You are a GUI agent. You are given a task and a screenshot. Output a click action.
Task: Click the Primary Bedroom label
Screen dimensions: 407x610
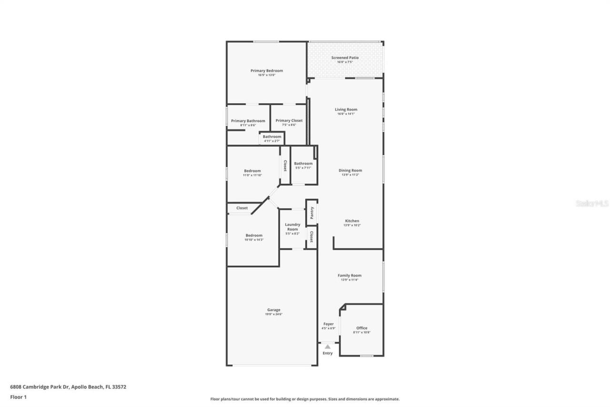click(266, 71)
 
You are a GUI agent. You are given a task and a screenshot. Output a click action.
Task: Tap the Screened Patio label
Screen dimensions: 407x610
click(345, 58)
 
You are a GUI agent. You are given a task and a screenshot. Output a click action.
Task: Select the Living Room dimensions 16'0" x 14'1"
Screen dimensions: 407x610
click(346, 114)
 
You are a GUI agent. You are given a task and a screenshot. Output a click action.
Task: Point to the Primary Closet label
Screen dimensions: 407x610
click(289, 121)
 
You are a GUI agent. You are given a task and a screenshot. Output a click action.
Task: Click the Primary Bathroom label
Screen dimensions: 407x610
click(248, 121)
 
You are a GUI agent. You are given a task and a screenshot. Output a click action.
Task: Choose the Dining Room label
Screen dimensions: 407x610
click(350, 170)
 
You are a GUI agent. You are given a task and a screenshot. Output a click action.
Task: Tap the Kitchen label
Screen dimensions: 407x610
click(352, 221)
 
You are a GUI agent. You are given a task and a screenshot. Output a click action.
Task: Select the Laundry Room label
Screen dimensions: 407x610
click(293, 227)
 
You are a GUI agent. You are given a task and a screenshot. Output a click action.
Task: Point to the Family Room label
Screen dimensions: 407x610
click(349, 275)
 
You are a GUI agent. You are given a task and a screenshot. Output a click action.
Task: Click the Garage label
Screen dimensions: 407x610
click(274, 310)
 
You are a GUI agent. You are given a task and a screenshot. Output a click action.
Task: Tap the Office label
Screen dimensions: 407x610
click(362, 328)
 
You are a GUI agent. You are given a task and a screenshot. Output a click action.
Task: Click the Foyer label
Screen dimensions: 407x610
click(329, 324)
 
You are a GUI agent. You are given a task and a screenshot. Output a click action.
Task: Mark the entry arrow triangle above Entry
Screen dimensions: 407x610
click(327, 347)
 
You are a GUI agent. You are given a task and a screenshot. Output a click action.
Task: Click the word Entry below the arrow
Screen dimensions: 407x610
click(327, 353)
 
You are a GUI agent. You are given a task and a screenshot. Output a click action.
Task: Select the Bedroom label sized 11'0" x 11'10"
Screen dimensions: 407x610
click(252, 171)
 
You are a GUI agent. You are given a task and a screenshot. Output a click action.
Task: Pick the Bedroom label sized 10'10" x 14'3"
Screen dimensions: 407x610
click(254, 235)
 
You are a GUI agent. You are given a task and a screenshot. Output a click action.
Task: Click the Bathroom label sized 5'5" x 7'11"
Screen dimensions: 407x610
click(303, 164)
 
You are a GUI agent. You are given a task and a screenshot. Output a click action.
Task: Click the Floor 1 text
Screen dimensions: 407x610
click(18, 397)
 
